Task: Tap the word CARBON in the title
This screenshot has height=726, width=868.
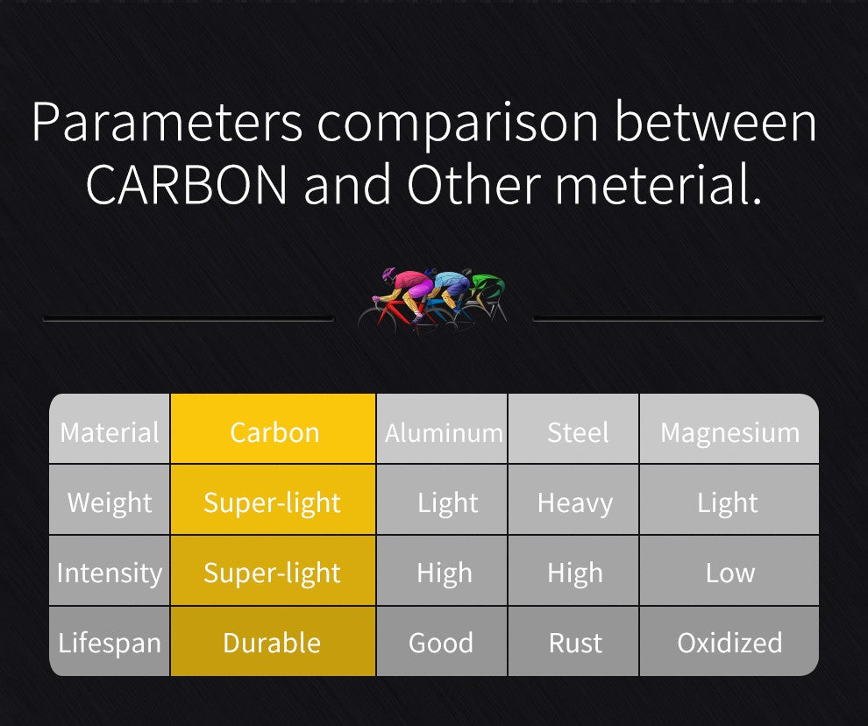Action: click(x=187, y=184)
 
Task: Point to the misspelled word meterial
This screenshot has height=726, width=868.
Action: click(x=658, y=184)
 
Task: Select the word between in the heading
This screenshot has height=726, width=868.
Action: click(x=715, y=122)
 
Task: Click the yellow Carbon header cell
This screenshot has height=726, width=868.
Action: click(x=274, y=429)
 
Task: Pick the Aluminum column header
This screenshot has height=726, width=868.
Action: click(x=442, y=429)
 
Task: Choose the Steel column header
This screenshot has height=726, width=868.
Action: click(x=573, y=429)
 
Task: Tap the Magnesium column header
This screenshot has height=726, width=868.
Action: click(x=729, y=429)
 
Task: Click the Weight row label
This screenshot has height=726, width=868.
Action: click(x=110, y=500)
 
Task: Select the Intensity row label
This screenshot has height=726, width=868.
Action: click(x=110, y=571)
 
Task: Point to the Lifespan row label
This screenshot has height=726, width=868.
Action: click(x=110, y=641)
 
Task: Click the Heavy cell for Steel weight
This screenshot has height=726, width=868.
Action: click(x=573, y=500)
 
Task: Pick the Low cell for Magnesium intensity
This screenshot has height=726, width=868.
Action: click(x=729, y=571)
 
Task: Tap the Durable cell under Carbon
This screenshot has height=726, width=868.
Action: click(x=274, y=641)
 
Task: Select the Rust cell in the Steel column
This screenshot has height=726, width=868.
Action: click(x=573, y=641)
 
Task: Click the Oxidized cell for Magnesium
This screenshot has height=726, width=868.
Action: click(x=729, y=641)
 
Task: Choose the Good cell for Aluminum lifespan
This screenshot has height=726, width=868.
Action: click(x=442, y=641)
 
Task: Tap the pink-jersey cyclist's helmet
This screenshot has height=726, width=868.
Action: click(x=388, y=274)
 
